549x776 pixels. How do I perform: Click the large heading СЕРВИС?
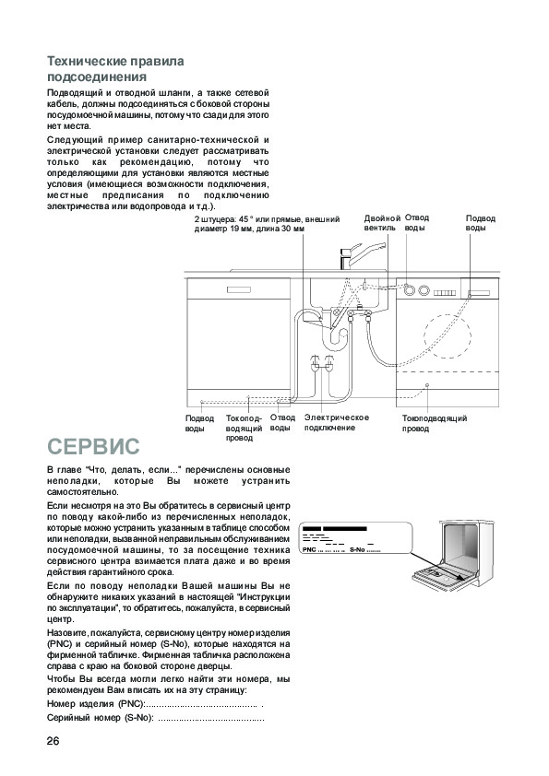[x=93, y=446]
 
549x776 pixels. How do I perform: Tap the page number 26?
[x=53, y=741]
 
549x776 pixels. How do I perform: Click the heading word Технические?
[x=87, y=61]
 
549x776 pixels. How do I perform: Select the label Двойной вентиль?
[x=382, y=223]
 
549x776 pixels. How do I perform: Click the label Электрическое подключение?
[x=337, y=423]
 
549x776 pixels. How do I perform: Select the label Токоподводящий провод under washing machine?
[x=434, y=424]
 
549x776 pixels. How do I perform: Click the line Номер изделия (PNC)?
[x=156, y=704]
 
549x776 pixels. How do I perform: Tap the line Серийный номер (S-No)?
[x=156, y=718]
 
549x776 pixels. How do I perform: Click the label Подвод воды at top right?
[x=480, y=223]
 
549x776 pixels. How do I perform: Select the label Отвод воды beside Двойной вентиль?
[x=417, y=222]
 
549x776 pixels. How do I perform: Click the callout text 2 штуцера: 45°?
[x=267, y=224]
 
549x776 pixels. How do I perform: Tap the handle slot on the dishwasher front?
[x=239, y=289]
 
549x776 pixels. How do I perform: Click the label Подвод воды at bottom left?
[x=199, y=423]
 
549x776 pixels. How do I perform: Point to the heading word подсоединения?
[x=97, y=77]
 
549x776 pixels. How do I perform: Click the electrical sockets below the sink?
[x=322, y=363]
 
